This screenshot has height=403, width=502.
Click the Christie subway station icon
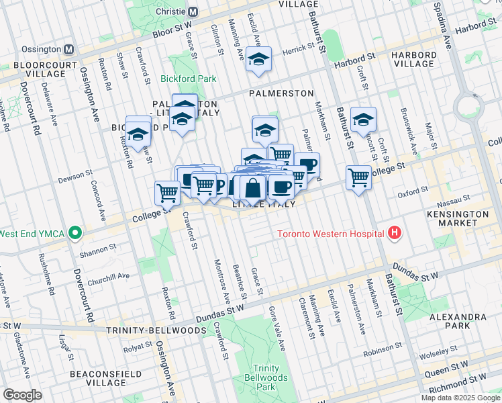(193, 11)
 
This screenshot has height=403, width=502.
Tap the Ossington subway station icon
(68, 50)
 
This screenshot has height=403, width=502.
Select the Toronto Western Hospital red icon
(395, 234)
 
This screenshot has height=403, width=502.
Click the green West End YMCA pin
(76, 234)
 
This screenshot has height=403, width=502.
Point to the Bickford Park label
(189, 79)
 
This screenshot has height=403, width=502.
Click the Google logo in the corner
(22, 395)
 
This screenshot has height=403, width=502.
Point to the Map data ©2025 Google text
(460, 398)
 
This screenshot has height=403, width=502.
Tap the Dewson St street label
(74, 176)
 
